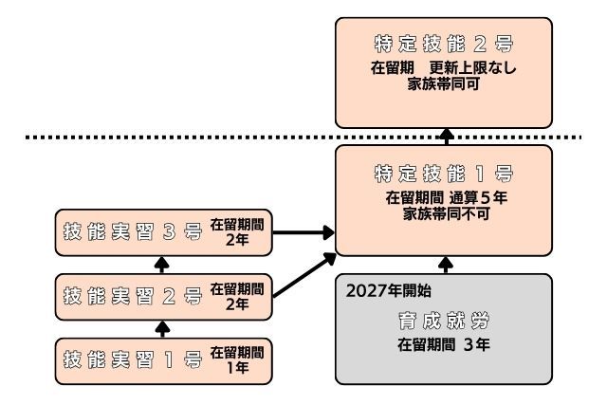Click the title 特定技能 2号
coord(443,46)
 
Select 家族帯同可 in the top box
coord(443,83)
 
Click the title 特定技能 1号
coord(443,174)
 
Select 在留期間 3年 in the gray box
coord(443,343)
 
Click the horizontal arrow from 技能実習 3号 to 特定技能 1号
coord(303,231)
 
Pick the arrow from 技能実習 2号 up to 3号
coord(161,265)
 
